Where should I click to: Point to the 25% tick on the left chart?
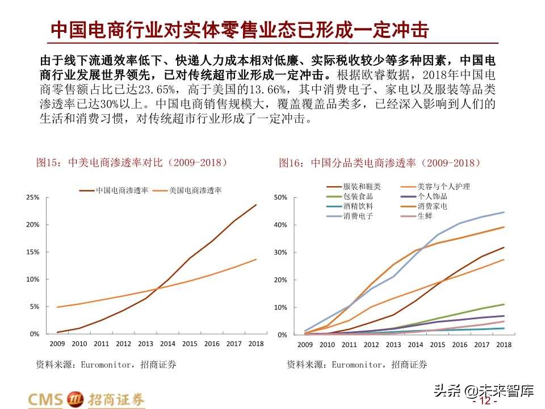32,197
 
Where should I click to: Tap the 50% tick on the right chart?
282,198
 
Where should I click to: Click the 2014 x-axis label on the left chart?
167,344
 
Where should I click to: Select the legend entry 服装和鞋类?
362,186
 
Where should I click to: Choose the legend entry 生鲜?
425,216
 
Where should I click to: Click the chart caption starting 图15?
132,163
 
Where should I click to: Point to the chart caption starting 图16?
380,163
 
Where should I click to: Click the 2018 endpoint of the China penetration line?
256,204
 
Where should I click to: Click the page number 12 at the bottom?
484,402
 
